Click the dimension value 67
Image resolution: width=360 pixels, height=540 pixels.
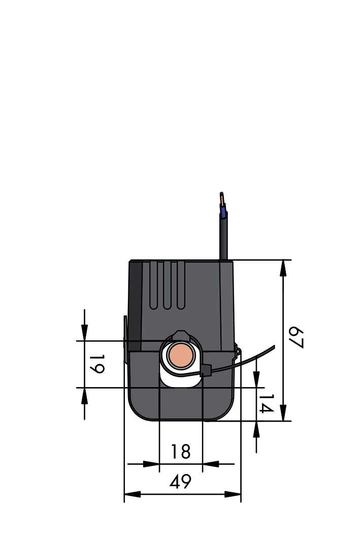296,338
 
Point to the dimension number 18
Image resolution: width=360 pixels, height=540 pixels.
180,452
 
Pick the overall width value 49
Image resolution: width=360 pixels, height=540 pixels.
180,482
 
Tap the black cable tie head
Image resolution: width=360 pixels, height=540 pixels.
206,371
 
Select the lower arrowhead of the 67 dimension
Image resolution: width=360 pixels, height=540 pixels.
283,413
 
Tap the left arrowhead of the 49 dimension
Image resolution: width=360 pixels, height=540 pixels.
133,494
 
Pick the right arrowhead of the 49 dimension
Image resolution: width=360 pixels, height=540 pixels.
233,494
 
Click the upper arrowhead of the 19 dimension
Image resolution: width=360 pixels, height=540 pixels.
84,332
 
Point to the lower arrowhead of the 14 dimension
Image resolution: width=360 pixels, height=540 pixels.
256,429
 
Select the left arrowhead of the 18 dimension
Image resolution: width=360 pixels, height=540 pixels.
151,464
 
